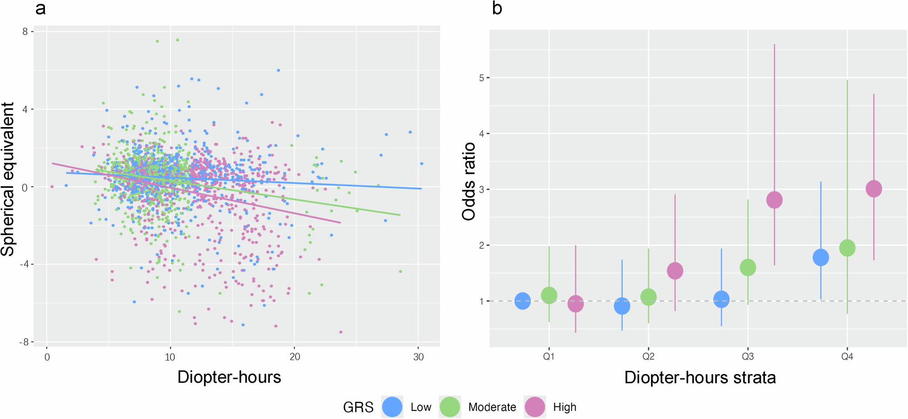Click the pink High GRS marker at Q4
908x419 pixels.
[x=873, y=189]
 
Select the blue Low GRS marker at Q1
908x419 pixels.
[x=523, y=301]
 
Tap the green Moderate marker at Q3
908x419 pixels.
[x=748, y=267]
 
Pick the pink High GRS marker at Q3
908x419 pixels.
[x=774, y=200]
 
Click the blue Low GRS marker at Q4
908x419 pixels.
[x=820, y=257]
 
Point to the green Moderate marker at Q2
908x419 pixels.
[x=648, y=297]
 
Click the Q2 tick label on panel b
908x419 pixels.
[x=648, y=357]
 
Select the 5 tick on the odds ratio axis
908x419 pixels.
[x=481, y=78]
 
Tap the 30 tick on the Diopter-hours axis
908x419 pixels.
[x=418, y=357]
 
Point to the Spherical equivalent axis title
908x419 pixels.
[x=8, y=179]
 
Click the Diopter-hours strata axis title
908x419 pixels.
[x=700, y=378]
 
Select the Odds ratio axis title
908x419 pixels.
[x=469, y=182]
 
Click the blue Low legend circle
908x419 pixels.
[x=392, y=407]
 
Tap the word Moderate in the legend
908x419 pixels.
[x=492, y=407]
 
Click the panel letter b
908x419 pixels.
[x=497, y=8]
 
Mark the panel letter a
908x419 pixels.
[x=40, y=8]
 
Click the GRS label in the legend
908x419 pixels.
[x=358, y=407]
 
